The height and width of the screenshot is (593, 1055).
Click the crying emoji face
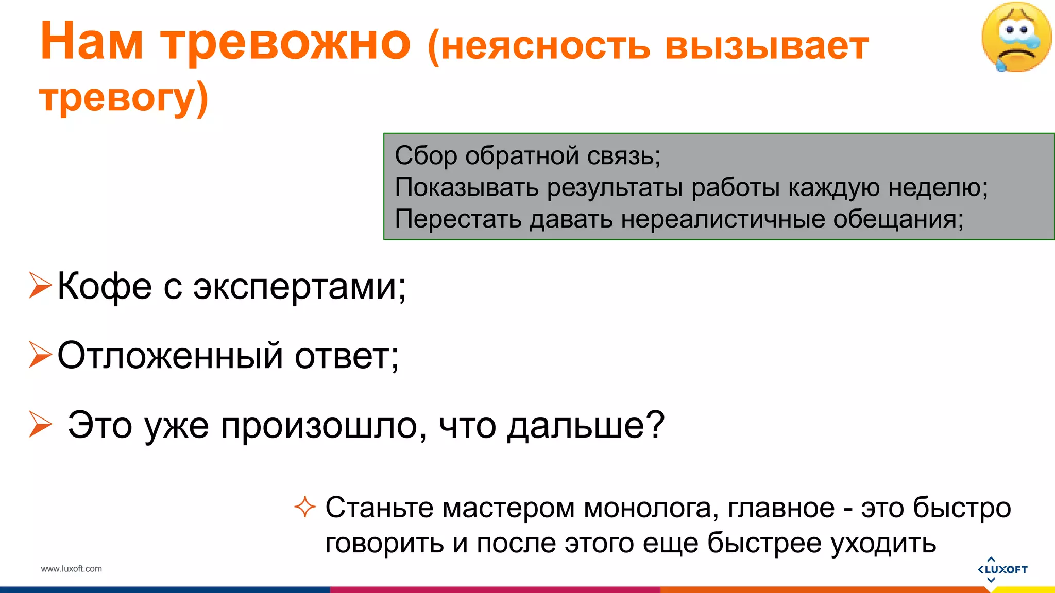pos(1016,37)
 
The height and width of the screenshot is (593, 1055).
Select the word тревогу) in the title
pos(124,98)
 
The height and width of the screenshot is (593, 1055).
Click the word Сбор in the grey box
pos(426,155)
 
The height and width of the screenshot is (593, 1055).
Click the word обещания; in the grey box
pos(898,219)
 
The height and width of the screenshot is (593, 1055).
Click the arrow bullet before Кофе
pos(40,285)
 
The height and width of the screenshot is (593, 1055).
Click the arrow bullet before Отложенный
pos(40,355)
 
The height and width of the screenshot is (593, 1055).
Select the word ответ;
pos(347,356)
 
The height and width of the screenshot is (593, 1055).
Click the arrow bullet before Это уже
pos(40,424)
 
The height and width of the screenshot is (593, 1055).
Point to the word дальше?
pos(586,426)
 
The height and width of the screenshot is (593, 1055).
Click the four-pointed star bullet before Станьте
pos(304,507)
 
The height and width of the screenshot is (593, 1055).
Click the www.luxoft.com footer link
pos(72,569)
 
